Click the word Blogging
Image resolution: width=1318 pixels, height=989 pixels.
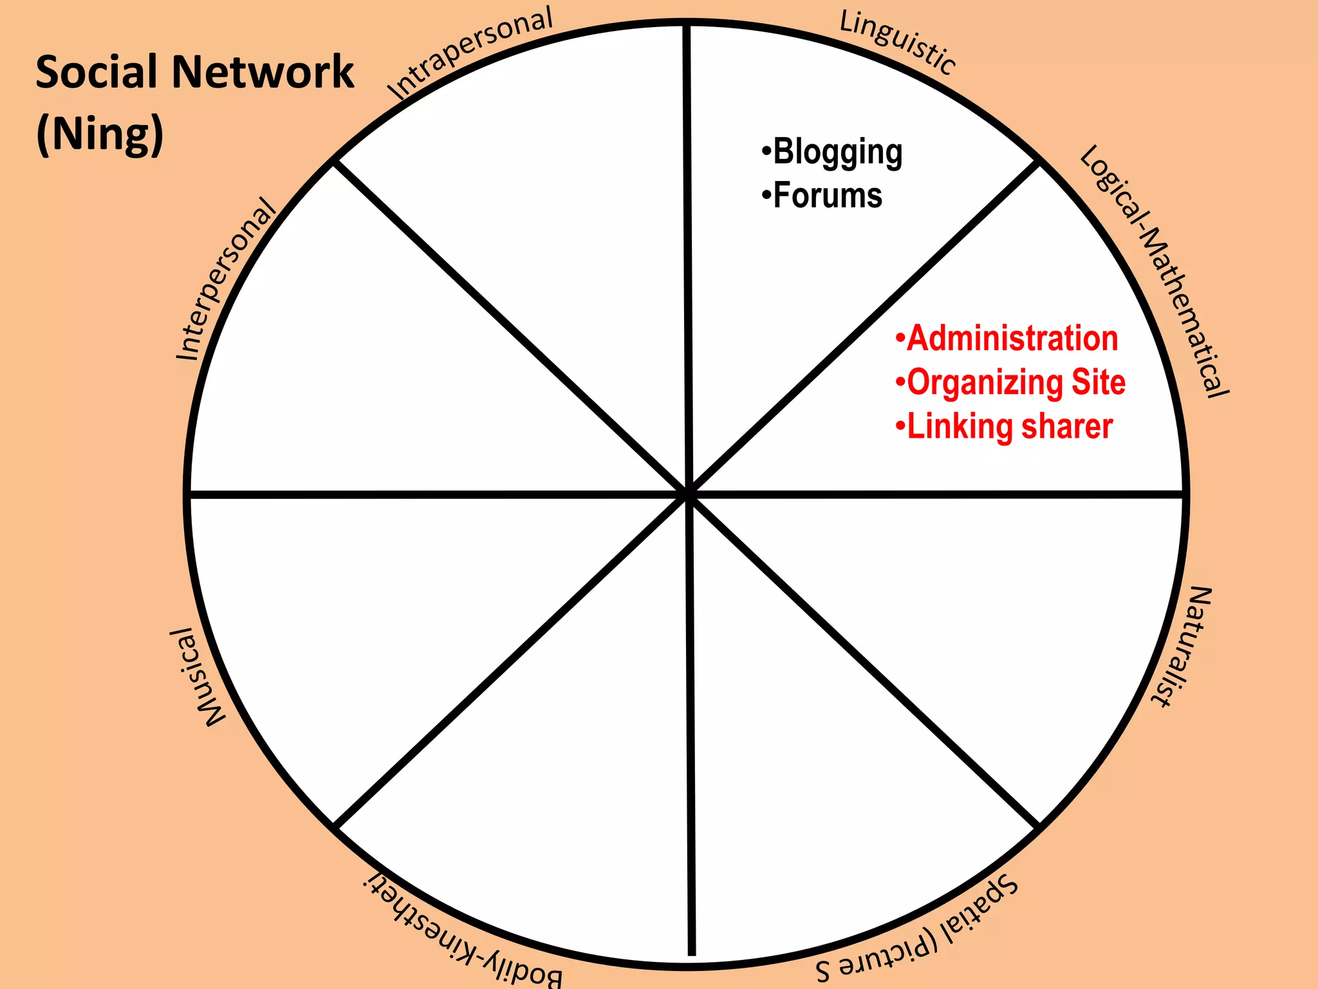(x=837, y=153)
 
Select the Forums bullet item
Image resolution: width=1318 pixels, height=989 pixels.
(x=827, y=196)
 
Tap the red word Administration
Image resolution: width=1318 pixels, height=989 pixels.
(x=1012, y=339)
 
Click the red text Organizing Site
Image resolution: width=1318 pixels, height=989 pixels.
(x=1016, y=382)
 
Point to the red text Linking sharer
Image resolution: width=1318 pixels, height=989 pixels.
(x=1009, y=427)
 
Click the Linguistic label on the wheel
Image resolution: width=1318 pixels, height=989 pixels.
(x=898, y=42)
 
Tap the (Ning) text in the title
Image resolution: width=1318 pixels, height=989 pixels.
(x=100, y=133)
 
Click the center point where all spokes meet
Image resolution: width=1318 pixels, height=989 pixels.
(x=688, y=494)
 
